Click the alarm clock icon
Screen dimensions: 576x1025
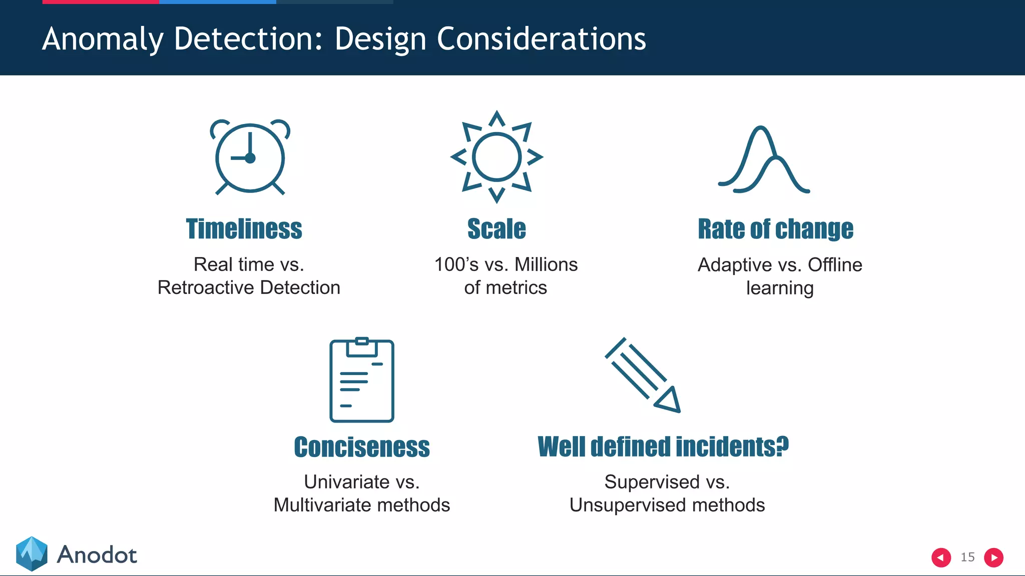pos(250,157)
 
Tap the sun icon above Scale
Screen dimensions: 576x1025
pos(496,157)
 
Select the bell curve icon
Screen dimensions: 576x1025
pos(764,160)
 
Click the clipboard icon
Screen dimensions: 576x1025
pos(362,380)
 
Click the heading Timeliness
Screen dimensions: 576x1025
pos(244,229)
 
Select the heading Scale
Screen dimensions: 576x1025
pos(496,229)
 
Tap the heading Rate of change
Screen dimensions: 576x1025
pos(775,229)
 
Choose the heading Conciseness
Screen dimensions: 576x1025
pos(362,446)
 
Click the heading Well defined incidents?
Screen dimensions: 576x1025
pos(663,446)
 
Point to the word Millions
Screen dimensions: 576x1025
pos(546,264)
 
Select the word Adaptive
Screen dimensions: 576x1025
pos(735,265)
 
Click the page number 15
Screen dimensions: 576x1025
pos(967,557)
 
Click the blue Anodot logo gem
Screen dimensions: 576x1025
pos(32,553)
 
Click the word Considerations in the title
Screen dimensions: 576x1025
pos(541,38)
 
